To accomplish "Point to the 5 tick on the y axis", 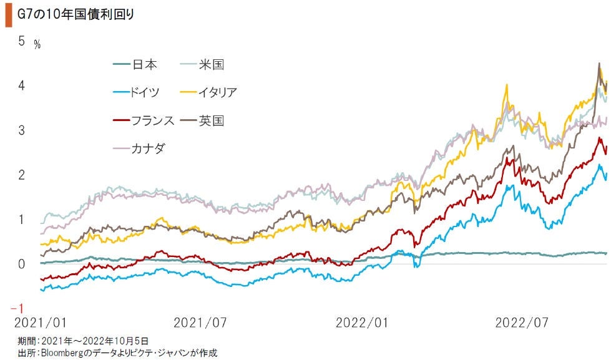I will tap(21, 41).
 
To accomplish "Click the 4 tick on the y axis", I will tap(21, 85).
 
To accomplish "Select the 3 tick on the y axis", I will tap(21, 130).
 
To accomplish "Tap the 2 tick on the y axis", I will tap(21, 175).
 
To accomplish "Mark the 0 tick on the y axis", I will tap(21, 264).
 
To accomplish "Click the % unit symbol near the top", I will tap(37, 45).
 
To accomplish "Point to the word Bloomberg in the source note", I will tap(62, 353).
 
